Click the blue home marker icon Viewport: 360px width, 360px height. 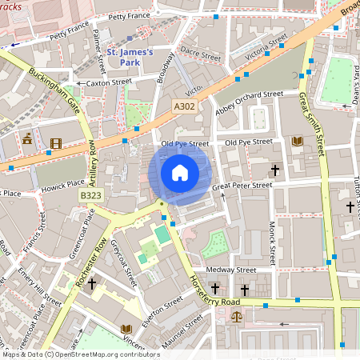point(180,173)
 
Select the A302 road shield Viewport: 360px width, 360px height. point(184,105)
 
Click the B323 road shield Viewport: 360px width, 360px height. point(90,195)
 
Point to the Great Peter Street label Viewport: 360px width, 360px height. point(242,185)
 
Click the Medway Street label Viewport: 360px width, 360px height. point(230,270)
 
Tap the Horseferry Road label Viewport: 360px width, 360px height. point(221,294)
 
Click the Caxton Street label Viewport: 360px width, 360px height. point(108,82)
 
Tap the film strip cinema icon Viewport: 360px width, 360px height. point(54,144)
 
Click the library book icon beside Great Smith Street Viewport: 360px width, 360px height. point(298,142)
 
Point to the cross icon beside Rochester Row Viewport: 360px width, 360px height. point(91,284)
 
